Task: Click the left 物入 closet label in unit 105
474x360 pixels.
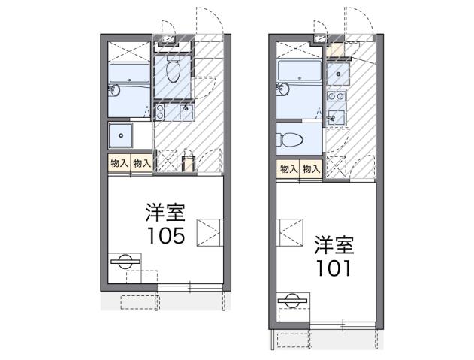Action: pyautogui.click(x=119, y=162)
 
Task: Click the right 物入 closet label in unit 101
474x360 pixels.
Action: pyautogui.click(x=311, y=168)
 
